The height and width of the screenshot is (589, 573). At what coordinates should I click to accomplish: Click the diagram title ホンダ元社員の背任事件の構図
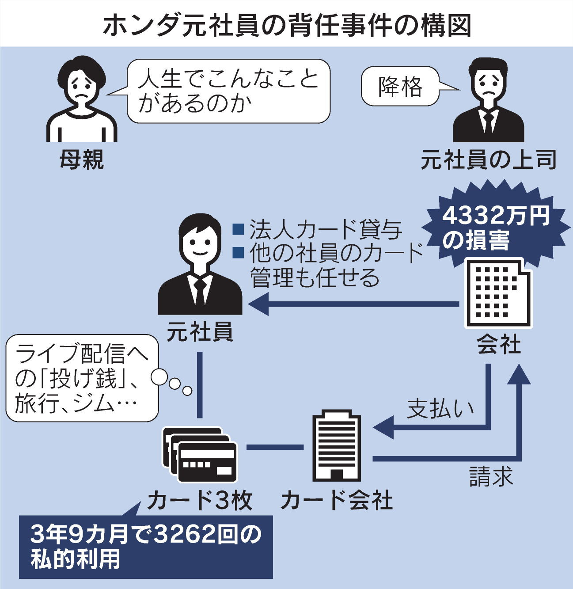(x=286, y=24)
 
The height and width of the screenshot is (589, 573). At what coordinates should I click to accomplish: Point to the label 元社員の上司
(x=488, y=160)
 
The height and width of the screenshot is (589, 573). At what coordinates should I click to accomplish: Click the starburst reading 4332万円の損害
(x=495, y=228)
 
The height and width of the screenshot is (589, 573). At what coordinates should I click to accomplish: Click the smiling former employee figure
(x=200, y=265)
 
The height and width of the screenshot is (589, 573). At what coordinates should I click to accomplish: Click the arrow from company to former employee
(x=353, y=304)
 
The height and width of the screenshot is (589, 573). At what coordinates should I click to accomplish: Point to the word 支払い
(x=440, y=409)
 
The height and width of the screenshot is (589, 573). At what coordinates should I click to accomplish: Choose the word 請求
(x=490, y=476)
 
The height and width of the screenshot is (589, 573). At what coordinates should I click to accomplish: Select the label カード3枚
(x=200, y=501)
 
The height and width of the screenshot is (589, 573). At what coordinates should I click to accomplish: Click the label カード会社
(x=337, y=501)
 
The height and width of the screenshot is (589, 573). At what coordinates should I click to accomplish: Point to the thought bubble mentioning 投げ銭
(x=82, y=378)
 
